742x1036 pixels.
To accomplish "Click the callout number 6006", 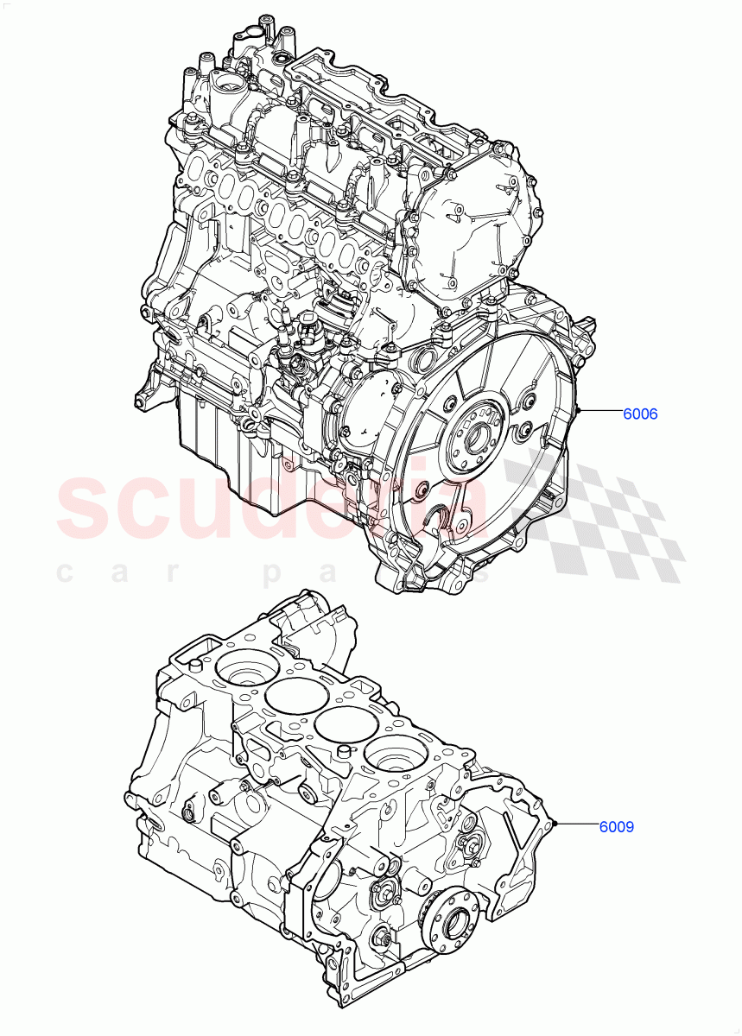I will coord(640,414).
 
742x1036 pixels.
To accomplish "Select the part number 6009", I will coord(617,826).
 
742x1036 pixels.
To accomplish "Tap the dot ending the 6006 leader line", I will coord(581,411).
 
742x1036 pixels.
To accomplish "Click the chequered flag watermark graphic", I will coord(596,518).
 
